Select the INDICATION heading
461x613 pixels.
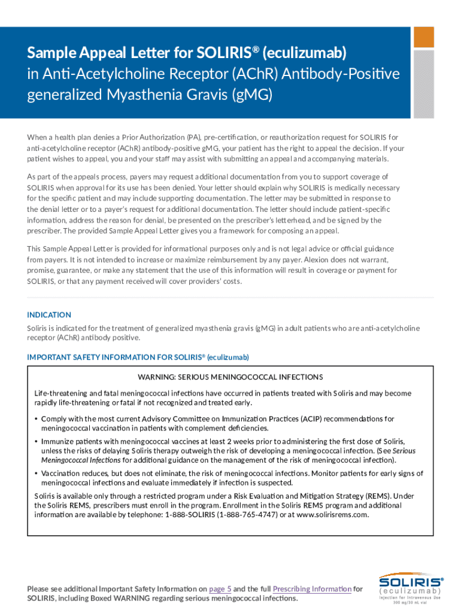tap(49, 315)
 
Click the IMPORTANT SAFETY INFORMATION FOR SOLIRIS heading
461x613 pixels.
tap(138, 357)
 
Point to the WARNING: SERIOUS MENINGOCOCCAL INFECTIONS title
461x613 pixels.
tap(230, 377)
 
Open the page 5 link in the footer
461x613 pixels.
tap(220, 589)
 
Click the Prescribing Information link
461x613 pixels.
tap(312, 589)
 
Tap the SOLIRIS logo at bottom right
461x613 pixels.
tap(411, 581)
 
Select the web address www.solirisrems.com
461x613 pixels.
tap(333, 514)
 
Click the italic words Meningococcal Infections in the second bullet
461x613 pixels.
tap(81, 460)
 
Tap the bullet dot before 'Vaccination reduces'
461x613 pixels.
tap(37, 474)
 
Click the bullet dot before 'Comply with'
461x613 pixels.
tap(37, 419)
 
